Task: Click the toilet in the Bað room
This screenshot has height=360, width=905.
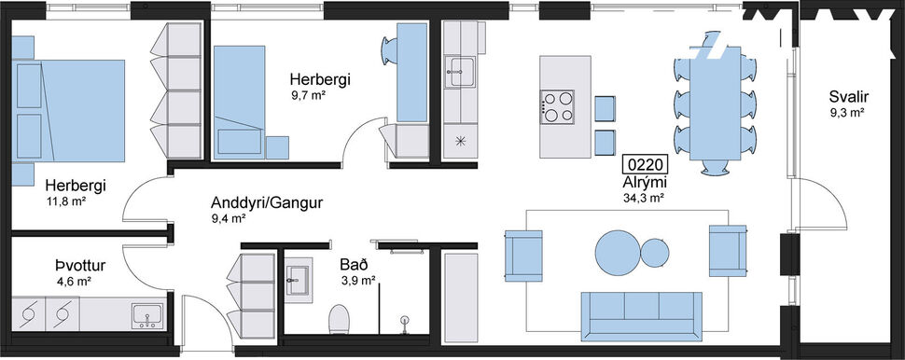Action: point(339,318)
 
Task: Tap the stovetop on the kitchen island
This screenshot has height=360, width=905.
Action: point(558,105)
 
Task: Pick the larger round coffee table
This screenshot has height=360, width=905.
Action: point(618,252)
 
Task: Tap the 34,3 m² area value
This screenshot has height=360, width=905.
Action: point(644,198)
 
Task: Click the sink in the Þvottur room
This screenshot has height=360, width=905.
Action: point(146,315)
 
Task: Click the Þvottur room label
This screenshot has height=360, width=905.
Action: point(78,265)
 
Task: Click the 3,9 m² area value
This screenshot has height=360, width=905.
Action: point(358,280)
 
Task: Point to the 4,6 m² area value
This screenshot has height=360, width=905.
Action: point(74,280)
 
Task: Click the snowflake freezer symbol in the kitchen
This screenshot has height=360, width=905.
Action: point(459,141)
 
